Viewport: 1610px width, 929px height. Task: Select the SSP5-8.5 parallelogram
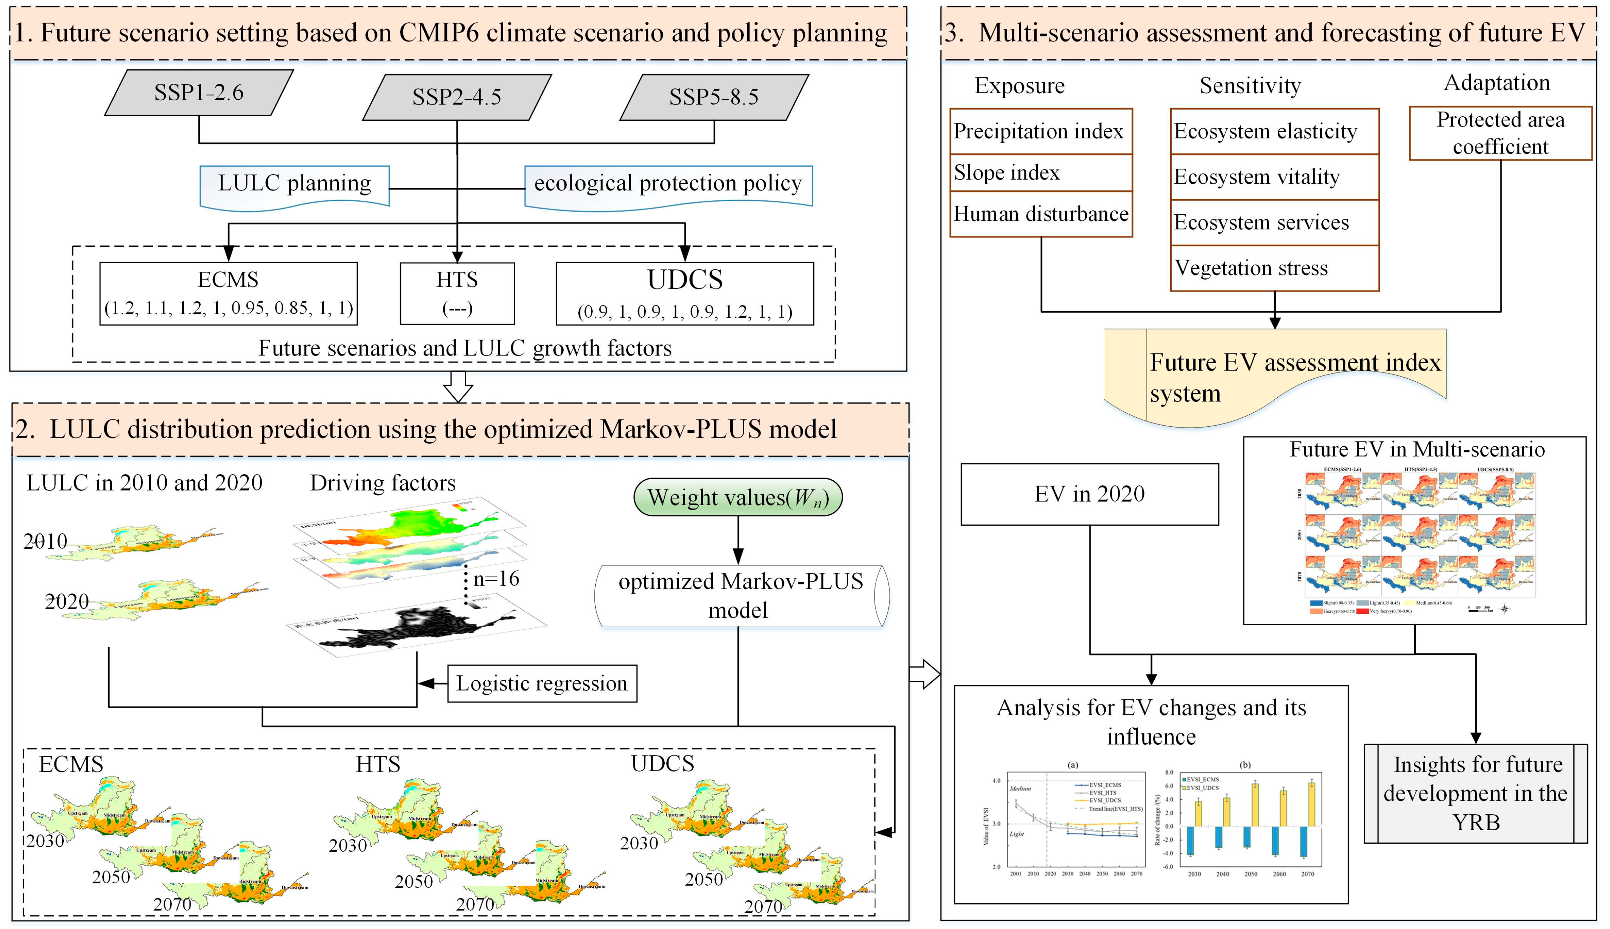point(714,97)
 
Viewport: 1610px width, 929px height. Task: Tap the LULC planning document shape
point(294,185)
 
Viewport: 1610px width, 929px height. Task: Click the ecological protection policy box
point(668,185)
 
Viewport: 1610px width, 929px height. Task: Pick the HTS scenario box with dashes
point(457,294)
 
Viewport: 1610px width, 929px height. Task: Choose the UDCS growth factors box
point(684,294)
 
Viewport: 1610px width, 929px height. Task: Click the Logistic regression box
point(542,683)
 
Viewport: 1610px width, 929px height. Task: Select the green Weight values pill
point(738,497)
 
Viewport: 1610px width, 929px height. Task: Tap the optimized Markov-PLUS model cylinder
point(740,596)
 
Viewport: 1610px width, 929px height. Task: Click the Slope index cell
point(1040,172)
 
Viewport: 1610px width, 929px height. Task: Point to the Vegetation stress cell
point(1274,268)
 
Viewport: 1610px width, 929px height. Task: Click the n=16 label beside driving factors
point(496,579)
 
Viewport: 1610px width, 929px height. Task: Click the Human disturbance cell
point(1040,214)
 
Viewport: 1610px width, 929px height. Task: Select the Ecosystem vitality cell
point(1274,177)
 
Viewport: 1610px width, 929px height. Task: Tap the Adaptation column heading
point(1496,83)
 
